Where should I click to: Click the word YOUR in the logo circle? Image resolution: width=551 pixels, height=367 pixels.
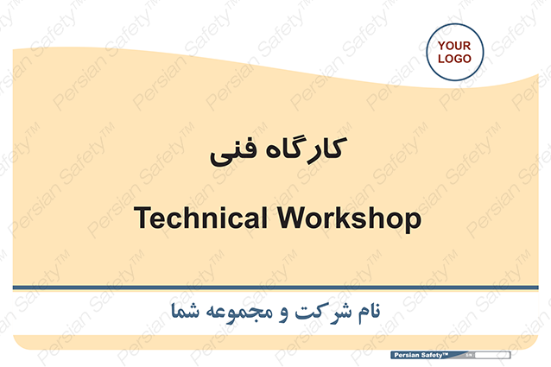(454, 46)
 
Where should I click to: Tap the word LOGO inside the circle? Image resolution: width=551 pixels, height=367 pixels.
(454, 59)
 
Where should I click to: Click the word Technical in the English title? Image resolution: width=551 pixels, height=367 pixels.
(200, 218)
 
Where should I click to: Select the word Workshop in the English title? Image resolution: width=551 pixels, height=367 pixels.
(349, 218)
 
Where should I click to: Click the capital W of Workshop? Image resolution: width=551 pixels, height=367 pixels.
(293, 218)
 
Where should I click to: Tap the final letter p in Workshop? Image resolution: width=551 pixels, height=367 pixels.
(413, 222)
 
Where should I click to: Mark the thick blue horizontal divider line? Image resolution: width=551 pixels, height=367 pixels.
(275, 288)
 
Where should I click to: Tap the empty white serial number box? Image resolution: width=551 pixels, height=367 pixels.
(492, 356)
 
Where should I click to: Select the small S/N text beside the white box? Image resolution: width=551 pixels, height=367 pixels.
(469, 356)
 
